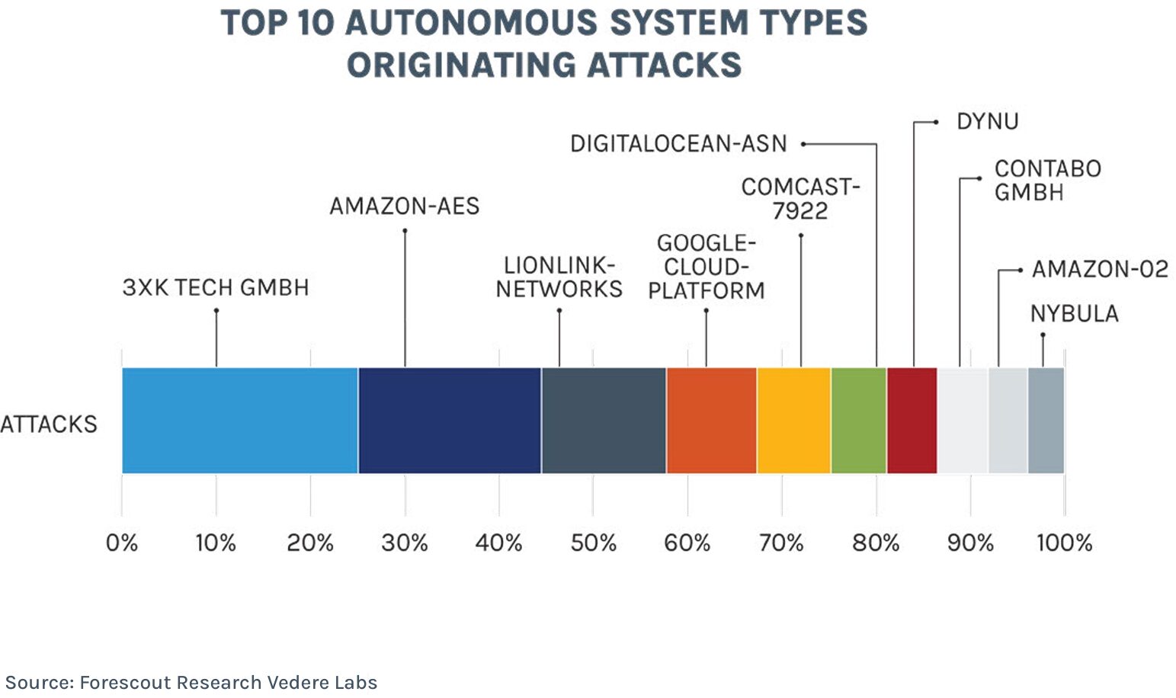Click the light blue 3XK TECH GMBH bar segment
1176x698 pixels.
click(x=239, y=421)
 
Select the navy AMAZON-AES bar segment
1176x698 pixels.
click(x=450, y=421)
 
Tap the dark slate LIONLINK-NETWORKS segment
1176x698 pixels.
click(x=604, y=421)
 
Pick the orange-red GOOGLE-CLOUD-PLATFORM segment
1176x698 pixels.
click(x=711, y=421)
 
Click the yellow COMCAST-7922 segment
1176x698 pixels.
click(x=793, y=421)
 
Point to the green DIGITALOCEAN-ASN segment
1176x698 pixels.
click(x=859, y=421)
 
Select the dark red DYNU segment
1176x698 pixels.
click(x=912, y=421)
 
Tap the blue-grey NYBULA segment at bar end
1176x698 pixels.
click(x=1046, y=421)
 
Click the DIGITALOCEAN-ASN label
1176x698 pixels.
click(x=678, y=143)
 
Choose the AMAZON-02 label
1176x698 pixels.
click(x=1100, y=269)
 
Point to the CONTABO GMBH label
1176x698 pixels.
click(x=1047, y=180)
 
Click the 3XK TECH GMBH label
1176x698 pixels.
click(x=216, y=287)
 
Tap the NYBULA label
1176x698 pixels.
click(x=1074, y=313)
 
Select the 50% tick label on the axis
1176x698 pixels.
click(x=593, y=543)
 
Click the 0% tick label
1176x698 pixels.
click(x=122, y=543)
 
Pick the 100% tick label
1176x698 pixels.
click(x=1064, y=543)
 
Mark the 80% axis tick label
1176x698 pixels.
click(x=876, y=543)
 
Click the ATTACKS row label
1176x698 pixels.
click(x=49, y=424)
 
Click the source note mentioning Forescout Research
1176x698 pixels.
click(x=191, y=682)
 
